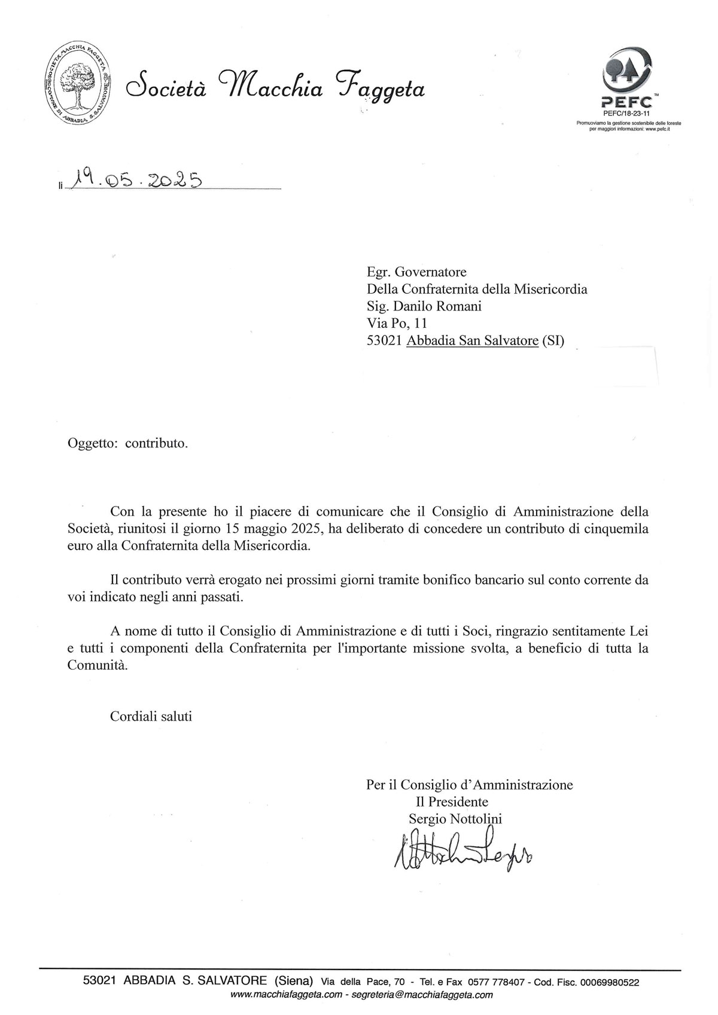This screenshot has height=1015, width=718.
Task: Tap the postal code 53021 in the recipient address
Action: click(x=384, y=342)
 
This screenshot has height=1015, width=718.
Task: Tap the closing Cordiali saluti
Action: click(x=151, y=716)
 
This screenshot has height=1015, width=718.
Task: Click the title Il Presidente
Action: click(x=452, y=801)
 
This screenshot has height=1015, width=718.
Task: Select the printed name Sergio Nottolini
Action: click(x=455, y=819)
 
